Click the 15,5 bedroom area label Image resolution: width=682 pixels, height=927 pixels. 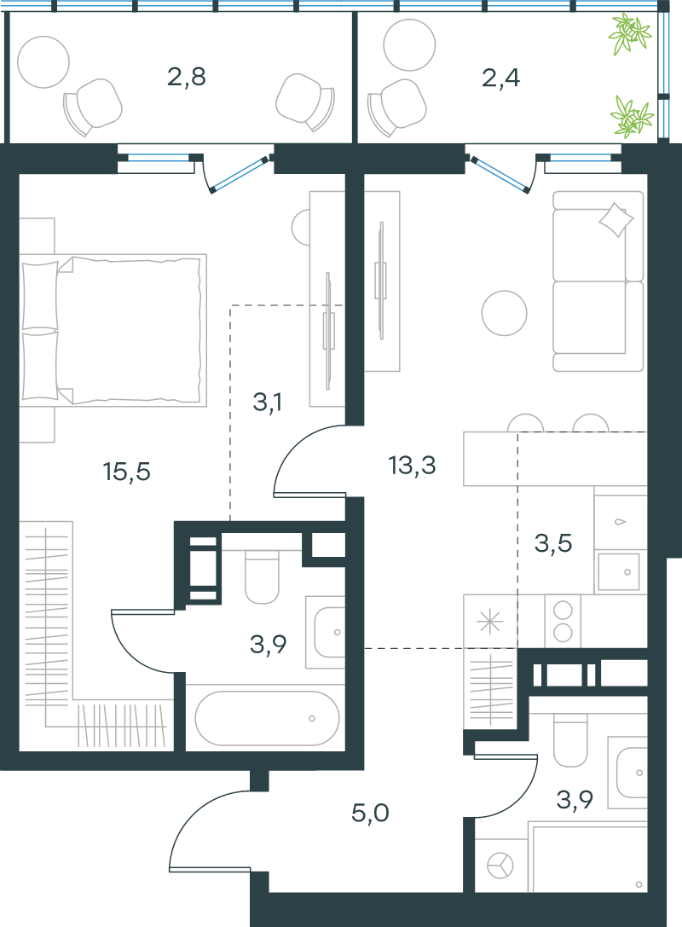click(x=126, y=472)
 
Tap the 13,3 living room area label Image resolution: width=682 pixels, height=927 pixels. click(x=412, y=466)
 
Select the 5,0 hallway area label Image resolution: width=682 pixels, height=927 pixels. click(x=370, y=814)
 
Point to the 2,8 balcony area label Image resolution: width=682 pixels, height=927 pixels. click(x=186, y=77)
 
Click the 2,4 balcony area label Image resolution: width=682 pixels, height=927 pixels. click(x=500, y=78)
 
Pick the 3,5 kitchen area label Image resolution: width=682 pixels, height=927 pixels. click(x=553, y=543)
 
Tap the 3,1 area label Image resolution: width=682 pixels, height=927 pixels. click(x=267, y=403)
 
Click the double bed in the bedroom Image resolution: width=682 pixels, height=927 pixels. click(x=113, y=330)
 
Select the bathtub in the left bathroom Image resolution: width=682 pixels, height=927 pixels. click(x=267, y=718)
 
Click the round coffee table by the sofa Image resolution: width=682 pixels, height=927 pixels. click(x=504, y=313)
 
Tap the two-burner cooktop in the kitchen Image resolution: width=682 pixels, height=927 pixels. click(x=563, y=621)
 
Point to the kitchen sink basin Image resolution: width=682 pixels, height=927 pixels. click(x=618, y=571)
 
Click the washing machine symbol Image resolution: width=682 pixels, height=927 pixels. click(x=500, y=866)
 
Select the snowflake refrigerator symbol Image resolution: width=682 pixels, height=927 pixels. click(x=489, y=622)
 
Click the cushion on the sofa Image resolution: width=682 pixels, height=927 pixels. click(x=616, y=220)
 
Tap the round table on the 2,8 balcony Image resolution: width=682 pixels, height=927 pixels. click(x=43, y=62)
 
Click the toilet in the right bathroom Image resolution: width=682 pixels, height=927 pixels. click(x=570, y=739)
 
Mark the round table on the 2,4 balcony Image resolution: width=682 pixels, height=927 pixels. click(x=409, y=45)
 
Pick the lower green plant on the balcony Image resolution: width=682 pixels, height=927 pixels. click(x=633, y=117)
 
